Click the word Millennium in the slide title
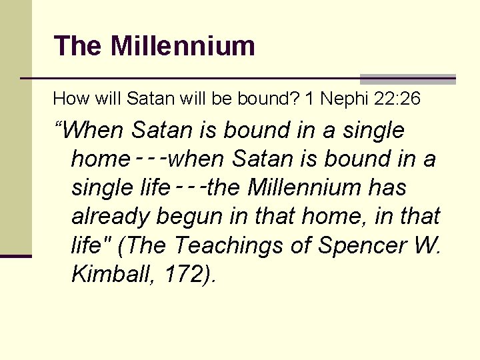183,46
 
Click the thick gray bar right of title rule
407,79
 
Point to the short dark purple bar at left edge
15,256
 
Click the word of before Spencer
301,245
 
